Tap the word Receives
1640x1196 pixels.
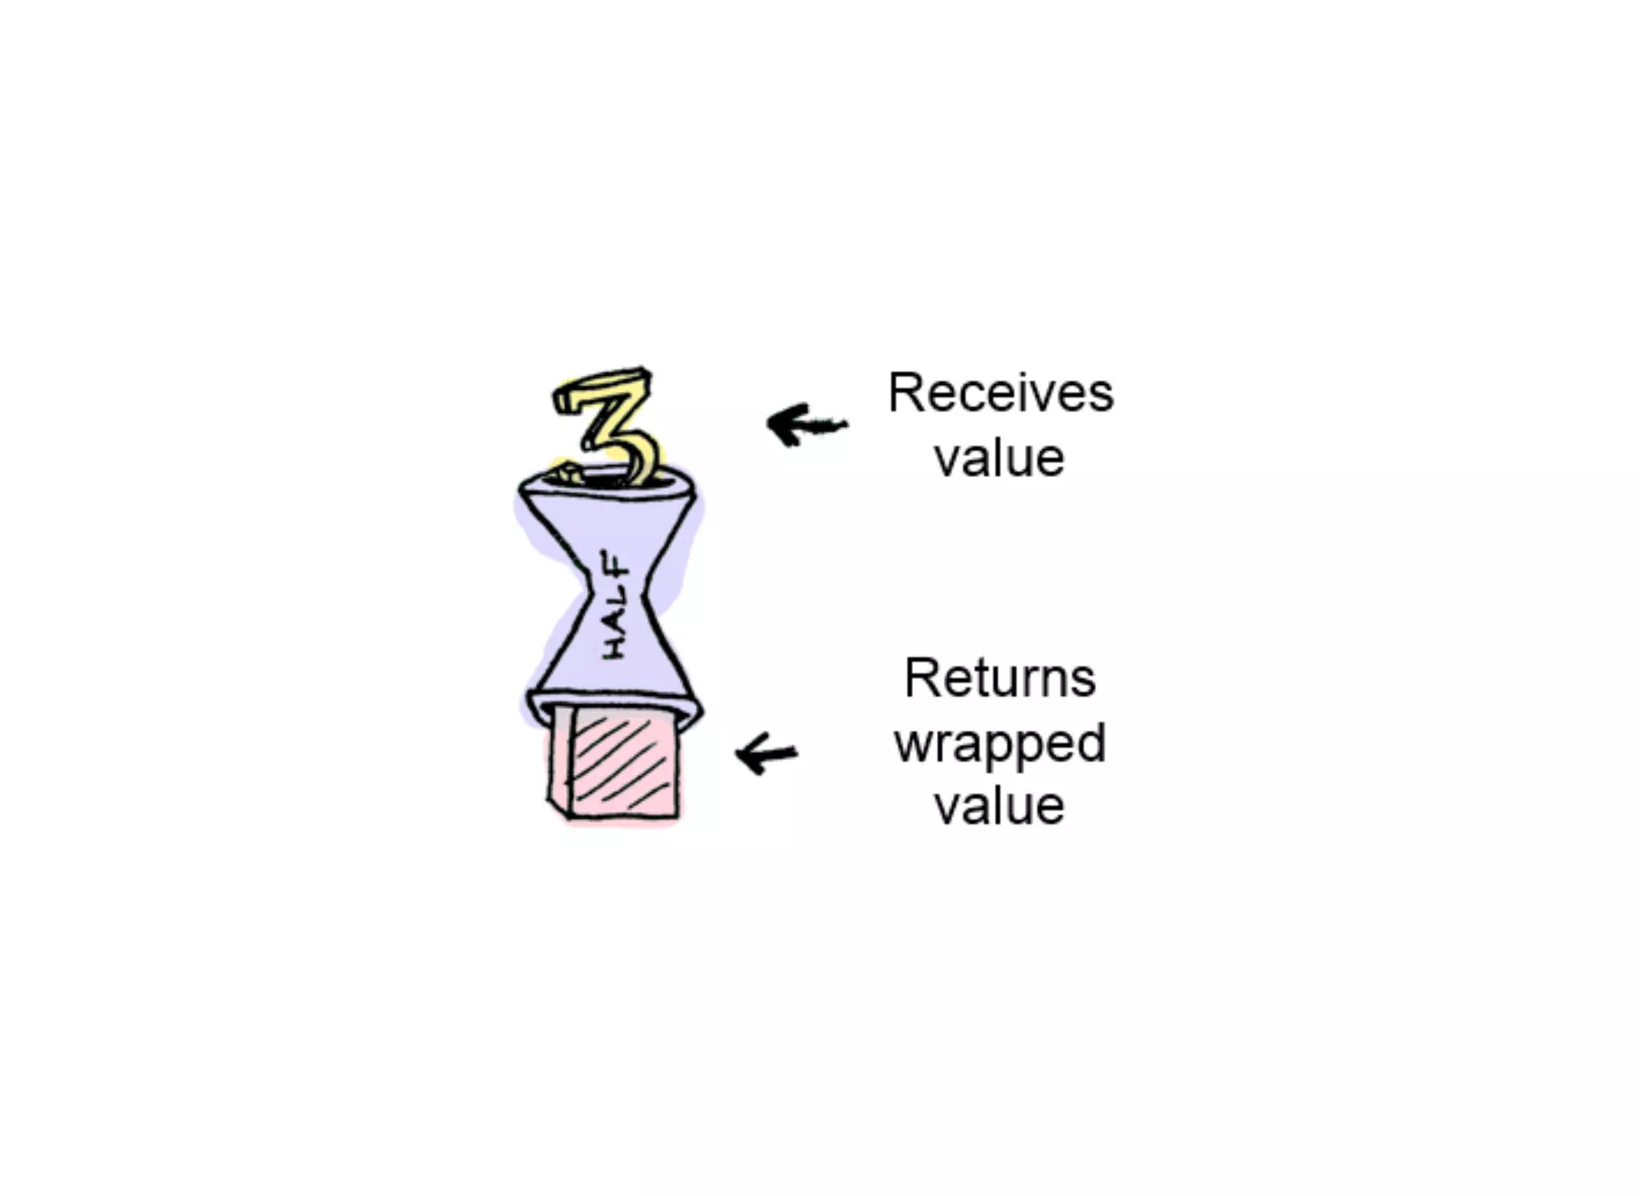[x=1000, y=393]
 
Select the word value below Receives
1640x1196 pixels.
[x=999, y=459]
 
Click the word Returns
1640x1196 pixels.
[x=999, y=678]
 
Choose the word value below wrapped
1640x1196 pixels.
[x=999, y=806]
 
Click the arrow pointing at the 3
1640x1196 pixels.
[x=805, y=424]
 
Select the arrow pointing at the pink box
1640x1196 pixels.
[x=766, y=753]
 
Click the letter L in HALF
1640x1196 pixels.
[x=615, y=593]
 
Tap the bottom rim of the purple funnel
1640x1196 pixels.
[x=613, y=700]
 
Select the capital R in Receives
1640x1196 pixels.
[x=902, y=393]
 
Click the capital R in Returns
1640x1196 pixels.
[x=918, y=678]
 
